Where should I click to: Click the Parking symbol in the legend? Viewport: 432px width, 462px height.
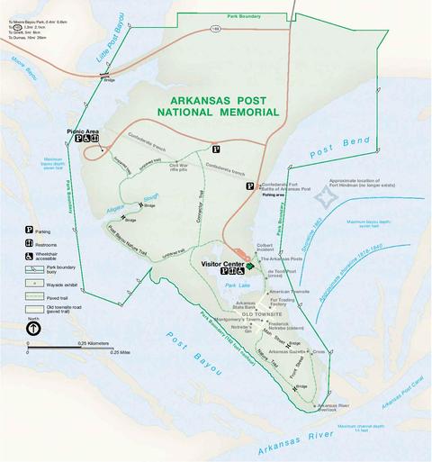click(x=30, y=231)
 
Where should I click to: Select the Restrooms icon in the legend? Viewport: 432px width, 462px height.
click(x=30, y=243)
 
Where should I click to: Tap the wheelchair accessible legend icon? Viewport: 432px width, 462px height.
click(x=30, y=256)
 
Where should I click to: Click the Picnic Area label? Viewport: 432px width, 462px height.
click(x=82, y=131)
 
